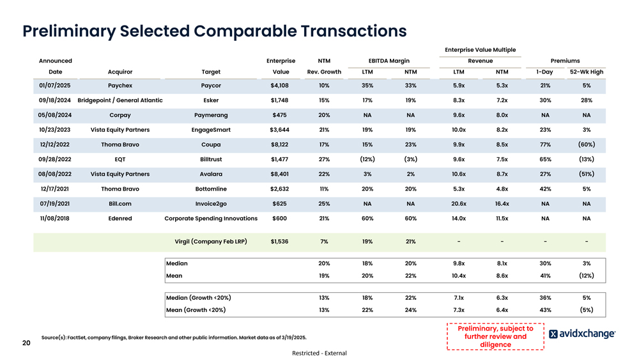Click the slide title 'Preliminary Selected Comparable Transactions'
(x=214, y=31)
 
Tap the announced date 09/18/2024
(x=54, y=100)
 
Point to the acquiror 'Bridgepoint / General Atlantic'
(x=120, y=100)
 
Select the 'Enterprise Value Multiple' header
(x=480, y=50)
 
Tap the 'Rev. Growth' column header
(x=324, y=72)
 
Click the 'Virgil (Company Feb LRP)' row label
(x=211, y=242)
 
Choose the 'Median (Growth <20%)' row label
(x=199, y=297)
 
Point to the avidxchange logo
(x=582, y=334)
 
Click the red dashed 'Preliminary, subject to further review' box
(x=495, y=336)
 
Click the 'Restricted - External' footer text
(x=319, y=353)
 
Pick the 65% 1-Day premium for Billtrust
(x=546, y=159)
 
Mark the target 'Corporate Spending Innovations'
(x=211, y=218)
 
